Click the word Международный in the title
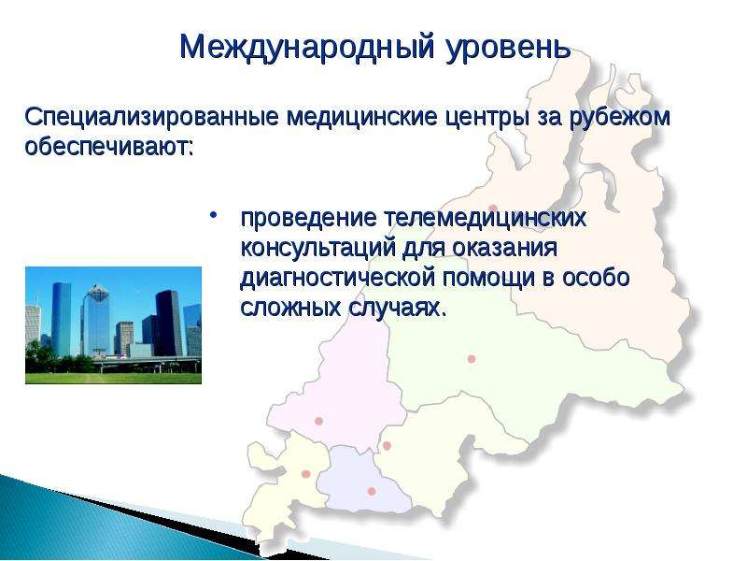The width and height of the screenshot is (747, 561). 307,48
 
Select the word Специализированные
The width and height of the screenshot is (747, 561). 151,117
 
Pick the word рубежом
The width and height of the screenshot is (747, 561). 620,118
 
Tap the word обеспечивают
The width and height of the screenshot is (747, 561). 109,146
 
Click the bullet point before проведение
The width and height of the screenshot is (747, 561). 214,216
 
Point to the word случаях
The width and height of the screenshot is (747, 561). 398,309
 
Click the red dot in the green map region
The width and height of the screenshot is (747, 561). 472,359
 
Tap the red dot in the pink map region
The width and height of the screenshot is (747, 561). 318,421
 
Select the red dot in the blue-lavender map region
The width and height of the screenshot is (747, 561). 372,491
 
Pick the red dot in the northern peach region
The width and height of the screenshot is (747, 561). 493,209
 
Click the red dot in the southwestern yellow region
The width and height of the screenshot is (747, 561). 306,474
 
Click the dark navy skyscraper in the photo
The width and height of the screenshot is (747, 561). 168,324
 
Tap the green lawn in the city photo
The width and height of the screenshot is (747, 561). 113,379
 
